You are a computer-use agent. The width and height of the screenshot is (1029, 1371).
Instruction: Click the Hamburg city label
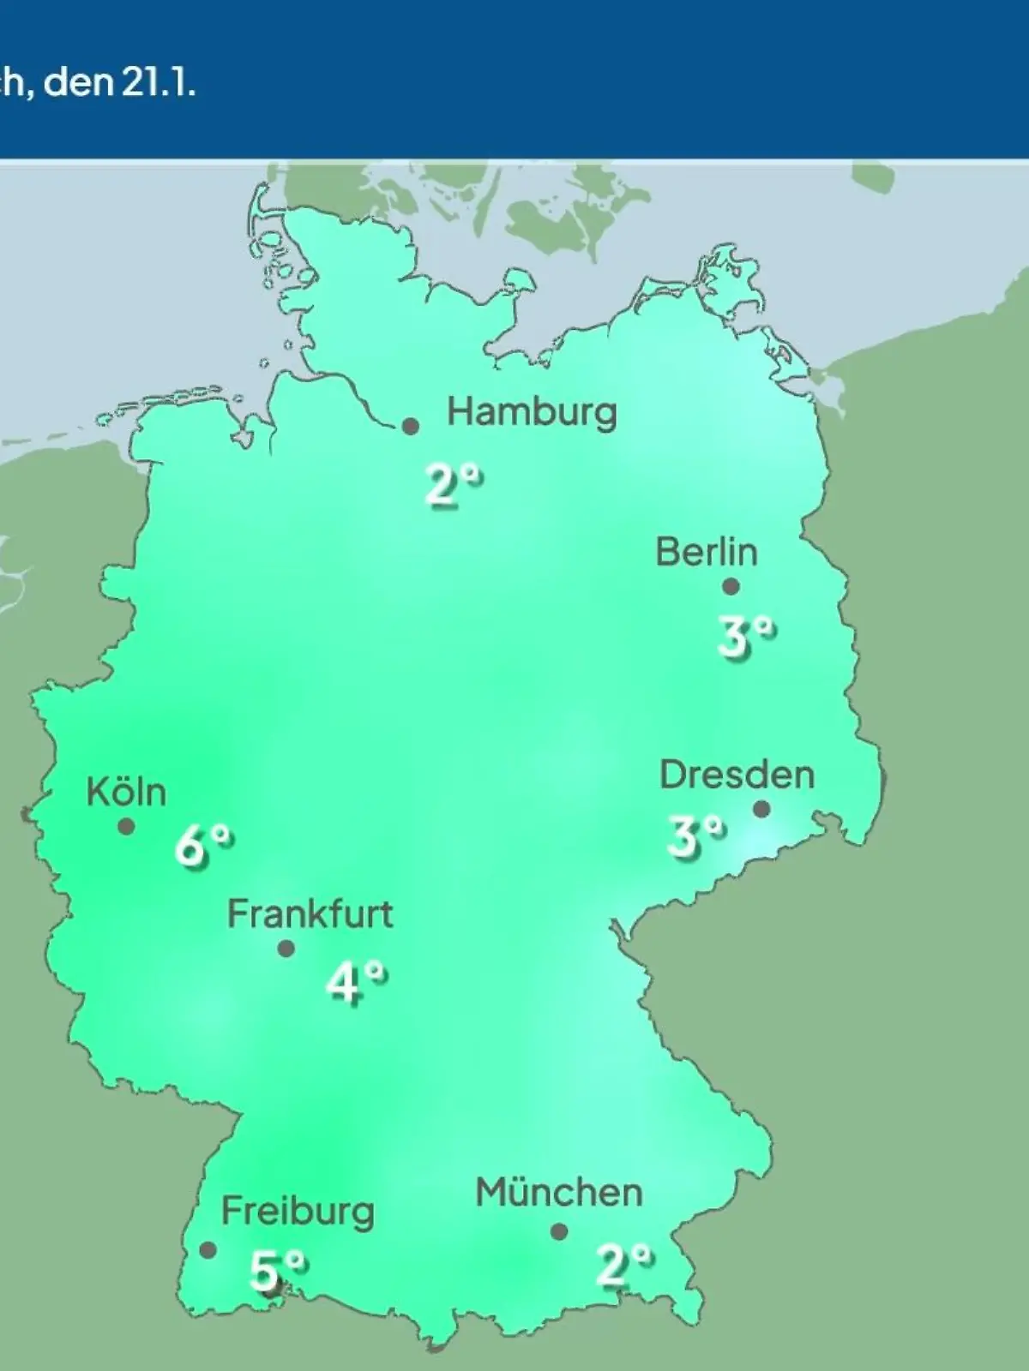coord(532,413)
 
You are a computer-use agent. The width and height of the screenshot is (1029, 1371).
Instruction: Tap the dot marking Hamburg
coord(411,426)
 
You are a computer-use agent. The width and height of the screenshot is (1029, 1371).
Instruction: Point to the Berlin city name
coord(707,552)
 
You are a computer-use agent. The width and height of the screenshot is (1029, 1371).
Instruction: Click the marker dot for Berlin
coord(731,587)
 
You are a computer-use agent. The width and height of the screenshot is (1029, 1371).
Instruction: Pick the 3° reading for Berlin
coord(746,638)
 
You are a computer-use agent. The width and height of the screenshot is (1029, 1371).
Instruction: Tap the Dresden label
coord(737,775)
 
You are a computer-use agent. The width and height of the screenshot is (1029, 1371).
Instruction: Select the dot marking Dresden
coord(761,809)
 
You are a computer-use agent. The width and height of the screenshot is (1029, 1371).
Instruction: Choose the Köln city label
coord(126,792)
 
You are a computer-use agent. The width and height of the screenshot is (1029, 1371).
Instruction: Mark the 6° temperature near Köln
coord(203,846)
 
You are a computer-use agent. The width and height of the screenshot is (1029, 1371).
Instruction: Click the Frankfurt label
coord(310,914)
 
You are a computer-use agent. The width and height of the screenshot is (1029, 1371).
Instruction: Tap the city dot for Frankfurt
coord(286,949)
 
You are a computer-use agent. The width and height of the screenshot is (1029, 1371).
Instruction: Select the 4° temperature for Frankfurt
coord(356,982)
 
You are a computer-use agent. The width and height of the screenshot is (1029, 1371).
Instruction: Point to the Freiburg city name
coord(298,1212)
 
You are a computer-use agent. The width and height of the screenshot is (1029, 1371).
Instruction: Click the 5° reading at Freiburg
coord(277,1270)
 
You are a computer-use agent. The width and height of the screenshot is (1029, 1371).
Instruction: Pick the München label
coord(559,1193)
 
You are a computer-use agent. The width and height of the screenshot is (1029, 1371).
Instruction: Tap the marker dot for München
coord(559,1232)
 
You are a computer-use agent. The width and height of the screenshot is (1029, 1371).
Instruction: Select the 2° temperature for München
coord(624,1265)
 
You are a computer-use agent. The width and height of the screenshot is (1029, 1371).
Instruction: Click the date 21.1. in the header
coord(162,84)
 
